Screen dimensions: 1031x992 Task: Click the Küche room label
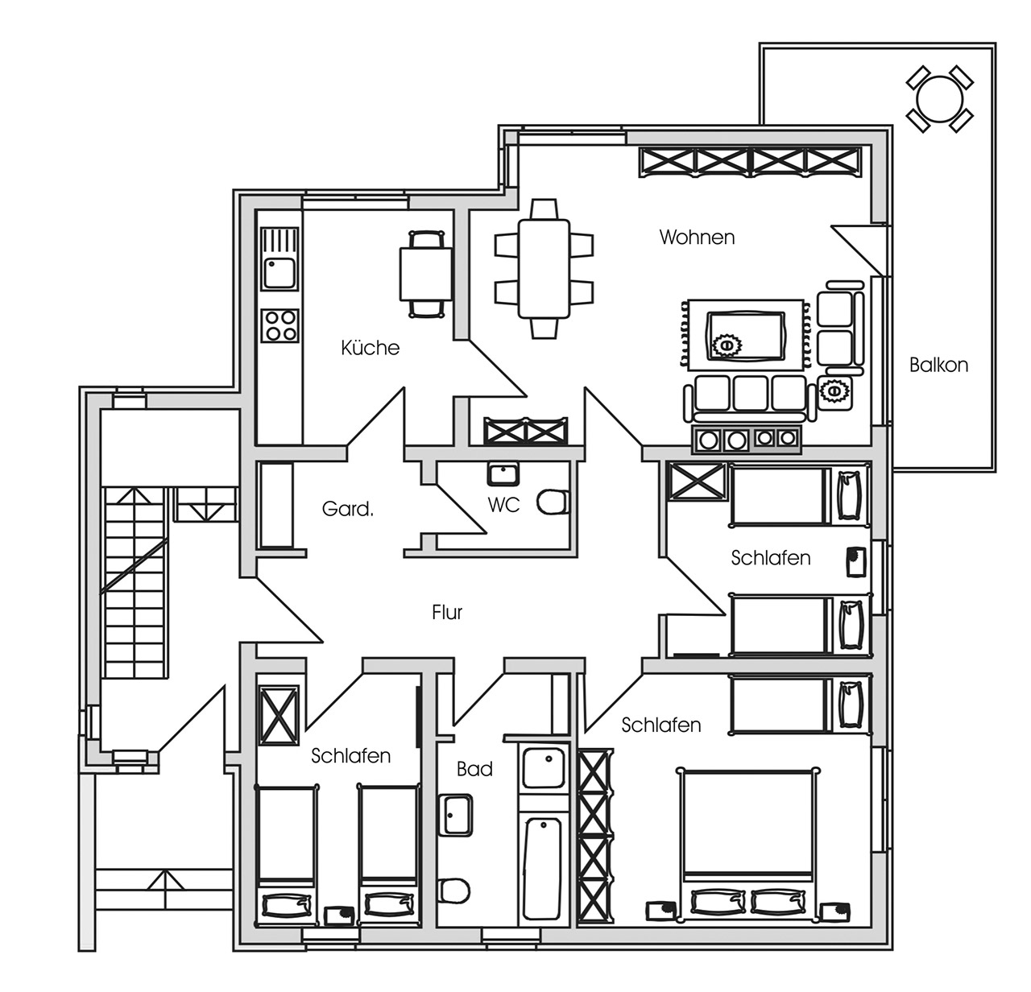pyautogui.click(x=370, y=348)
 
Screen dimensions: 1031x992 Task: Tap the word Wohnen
pyautogui.click(x=697, y=238)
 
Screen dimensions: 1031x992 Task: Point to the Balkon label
pyautogui.click(x=938, y=365)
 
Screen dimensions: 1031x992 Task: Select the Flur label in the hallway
pyautogui.click(x=446, y=612)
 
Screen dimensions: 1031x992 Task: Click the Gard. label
pyautogui.click(x=347, y=509)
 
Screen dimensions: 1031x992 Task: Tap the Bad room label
pyautogui.click(x=474, y=769)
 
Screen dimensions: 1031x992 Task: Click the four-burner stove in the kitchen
pyautogui.click(x=279, y=325)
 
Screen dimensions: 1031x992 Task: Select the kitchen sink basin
pyautogui.click(x=279, y=273)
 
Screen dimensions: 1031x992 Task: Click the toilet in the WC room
pyautogui.click(x=553, y=502)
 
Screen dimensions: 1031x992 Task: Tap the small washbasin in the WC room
pyautogui.click(x=503, y=474)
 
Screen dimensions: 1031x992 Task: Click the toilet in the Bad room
pyautogui.click(x=454, y=890)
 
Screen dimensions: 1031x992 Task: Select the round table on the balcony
pyautogui.click(x=939, y=99)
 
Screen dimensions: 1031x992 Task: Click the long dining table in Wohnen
pyautogui.click(x=544, y=268)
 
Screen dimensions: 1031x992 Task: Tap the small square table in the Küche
pyautogui.click(x=426, y=274)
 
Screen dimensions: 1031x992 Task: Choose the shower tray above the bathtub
pyautogui.click(x=544, y=767)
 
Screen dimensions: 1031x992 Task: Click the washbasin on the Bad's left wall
pyautogui.click(x=455, y=815)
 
